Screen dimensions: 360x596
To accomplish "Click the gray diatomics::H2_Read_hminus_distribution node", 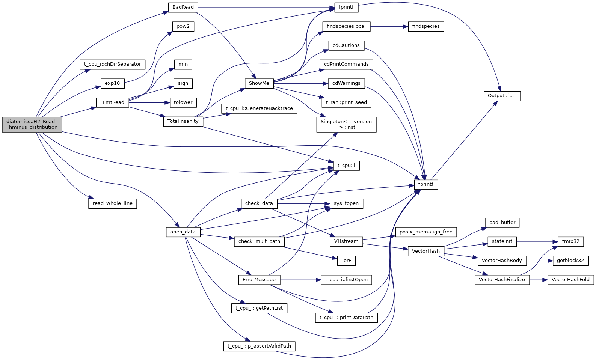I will coord(32,124).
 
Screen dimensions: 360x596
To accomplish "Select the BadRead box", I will coord(183,7).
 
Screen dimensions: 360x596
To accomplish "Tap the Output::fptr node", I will coord(502,96).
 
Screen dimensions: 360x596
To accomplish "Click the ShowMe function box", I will coord(259,83).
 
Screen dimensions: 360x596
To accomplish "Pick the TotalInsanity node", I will coord(183,121).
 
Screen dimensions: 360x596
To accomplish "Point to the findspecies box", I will coord(426,26).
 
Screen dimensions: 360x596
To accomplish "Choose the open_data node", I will coord(183,232).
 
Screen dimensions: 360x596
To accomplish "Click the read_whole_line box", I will coord(113,203).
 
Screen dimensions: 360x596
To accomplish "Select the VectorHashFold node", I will coord(570,280).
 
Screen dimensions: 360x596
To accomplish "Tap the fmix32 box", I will coord(570,241).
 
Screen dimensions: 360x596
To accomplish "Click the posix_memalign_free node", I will coord(426,232).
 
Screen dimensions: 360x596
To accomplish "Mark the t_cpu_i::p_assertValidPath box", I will coord(259,346).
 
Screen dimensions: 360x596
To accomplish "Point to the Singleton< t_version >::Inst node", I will coord(346,124).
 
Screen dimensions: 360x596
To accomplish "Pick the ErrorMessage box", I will coord(259,280).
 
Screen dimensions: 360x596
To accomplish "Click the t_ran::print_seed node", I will coord(346,102).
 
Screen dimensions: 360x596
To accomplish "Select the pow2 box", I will coord(183,26).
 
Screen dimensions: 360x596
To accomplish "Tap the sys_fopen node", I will coord(346,203).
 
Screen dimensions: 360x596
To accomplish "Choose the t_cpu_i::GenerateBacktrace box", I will coord(259,108).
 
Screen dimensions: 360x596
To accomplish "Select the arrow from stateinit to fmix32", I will coord(537,241).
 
